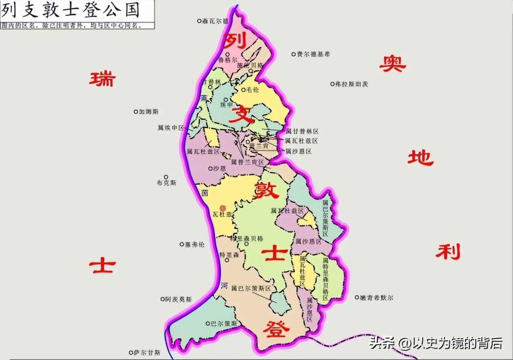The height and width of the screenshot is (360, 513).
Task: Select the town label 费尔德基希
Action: coord(313,54)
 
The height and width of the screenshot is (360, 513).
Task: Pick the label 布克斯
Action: coord(166,183)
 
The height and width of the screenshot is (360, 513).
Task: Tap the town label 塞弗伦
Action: coord(194,244)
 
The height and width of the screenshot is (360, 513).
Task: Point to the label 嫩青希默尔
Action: coord(377,298)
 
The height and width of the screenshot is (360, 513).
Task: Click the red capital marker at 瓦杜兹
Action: coord(224,207)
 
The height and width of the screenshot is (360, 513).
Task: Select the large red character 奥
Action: coord(392,64)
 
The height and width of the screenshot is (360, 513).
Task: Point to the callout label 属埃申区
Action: coord(171,128)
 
